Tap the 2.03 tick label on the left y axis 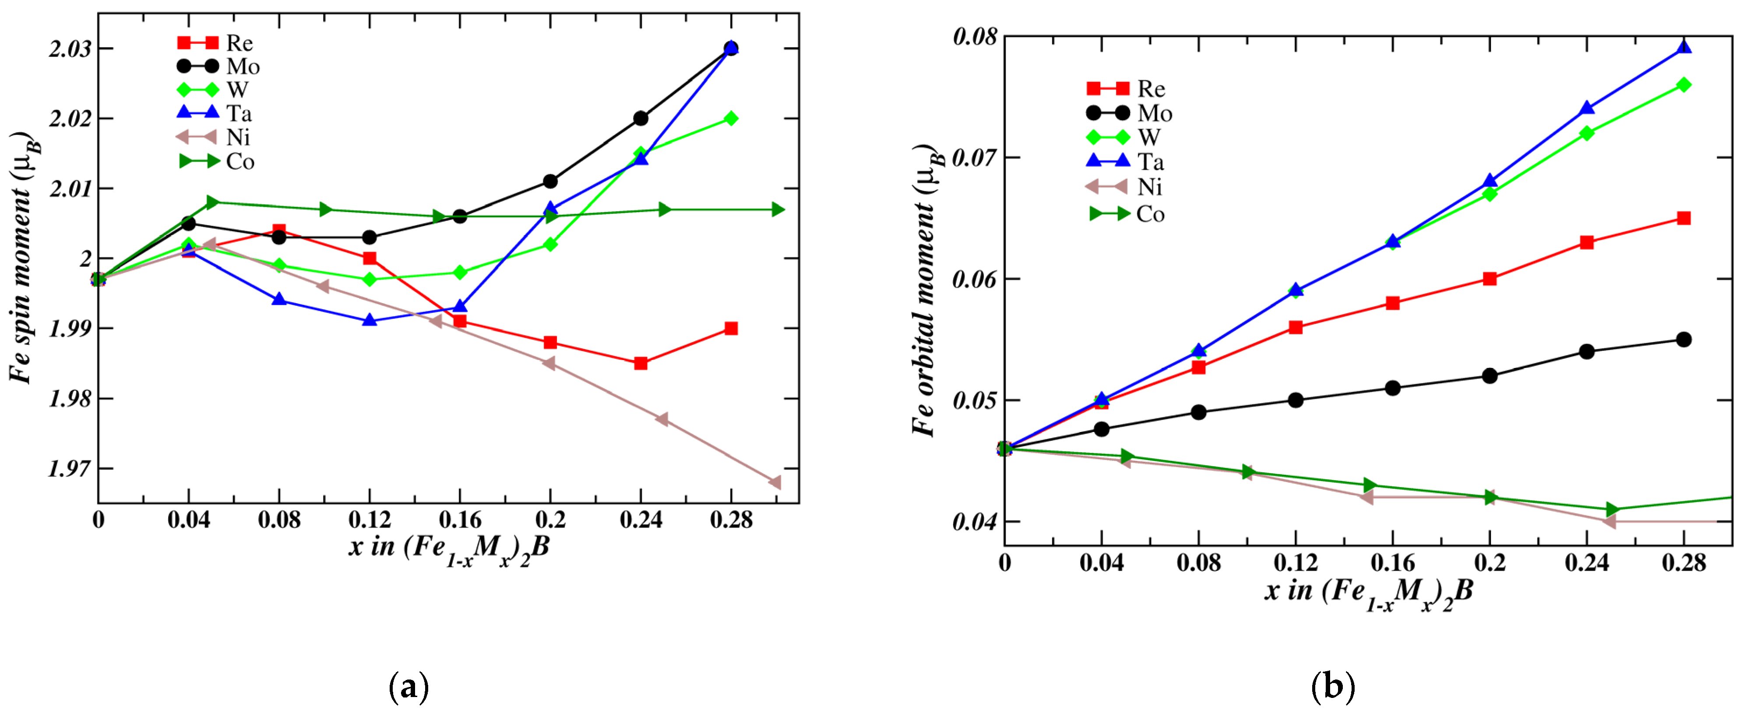coord(70,49)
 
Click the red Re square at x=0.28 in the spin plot coord(731,329)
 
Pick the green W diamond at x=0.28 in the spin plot coord(731,118)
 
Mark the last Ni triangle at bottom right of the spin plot coord(775,482)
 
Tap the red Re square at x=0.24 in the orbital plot coord(1587,242)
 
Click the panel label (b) coord(1332,687)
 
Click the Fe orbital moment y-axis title coord(927,291)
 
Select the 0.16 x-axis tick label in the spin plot coord(459,520)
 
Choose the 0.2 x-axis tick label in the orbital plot coord(1489,563)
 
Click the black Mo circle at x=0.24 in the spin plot coord(641,118)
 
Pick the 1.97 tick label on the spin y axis coord(70,468)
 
